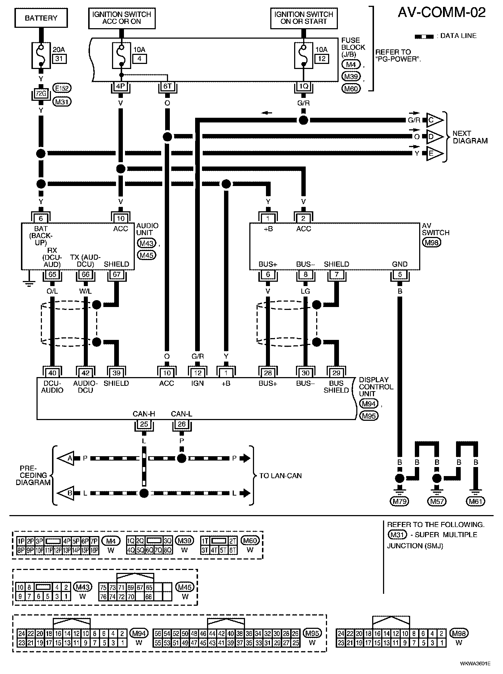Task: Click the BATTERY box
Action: pyautogui.click(x=41, y=18)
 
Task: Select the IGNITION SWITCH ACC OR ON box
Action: pyautogui.click(x=122, y=18)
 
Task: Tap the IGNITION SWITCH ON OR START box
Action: pyautogui.click(x=304, y=18)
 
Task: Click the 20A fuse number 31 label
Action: pyautogui.click(x=60, y=59)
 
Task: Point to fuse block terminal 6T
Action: pyautogui.click(x=167, y=87)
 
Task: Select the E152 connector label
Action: pyautogui.click(x=62, y=88)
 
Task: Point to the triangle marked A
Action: pyautogui.click(x=66, y=458)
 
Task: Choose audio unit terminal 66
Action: pyautogui.click(x=86, y=275)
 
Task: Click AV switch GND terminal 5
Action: pyautogui.click(x=400, y=275)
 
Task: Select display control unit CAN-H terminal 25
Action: pyautogui.click(x=144, y=424)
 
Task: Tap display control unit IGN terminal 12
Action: pyautogui.click(x=198, y=373)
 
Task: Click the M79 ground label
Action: pyautogui.click(x=399, y=501)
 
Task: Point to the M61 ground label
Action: pyautogui.click(x=476, y=501)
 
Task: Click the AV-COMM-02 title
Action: pyautogui.click(x=442, y=13)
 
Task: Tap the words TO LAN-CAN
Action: pyautogui.click(x=280, y=476)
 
